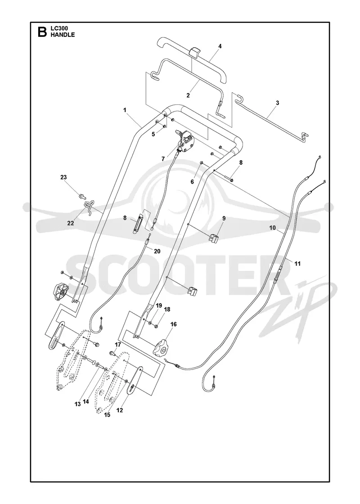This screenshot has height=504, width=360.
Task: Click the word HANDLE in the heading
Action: (63, 35)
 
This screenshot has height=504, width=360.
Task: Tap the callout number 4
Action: (220, 46)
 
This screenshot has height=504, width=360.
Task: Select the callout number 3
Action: (277, 103)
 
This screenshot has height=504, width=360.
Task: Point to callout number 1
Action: (125, 110)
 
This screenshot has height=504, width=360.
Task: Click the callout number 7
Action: (163, 159)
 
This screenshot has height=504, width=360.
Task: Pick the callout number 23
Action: (63, 177)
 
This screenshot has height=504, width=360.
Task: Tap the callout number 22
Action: (70, 223)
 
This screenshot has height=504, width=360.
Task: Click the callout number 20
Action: (157, 252)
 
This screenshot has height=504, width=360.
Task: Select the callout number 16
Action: (173, 324)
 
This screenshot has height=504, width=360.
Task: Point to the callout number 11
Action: (297, 264)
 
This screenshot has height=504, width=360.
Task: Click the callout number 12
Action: (120, 410)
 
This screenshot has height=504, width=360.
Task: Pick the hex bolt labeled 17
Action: (113, 353)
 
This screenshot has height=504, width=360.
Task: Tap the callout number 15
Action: (107, 414)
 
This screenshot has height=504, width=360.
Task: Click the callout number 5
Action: (153, 134)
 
